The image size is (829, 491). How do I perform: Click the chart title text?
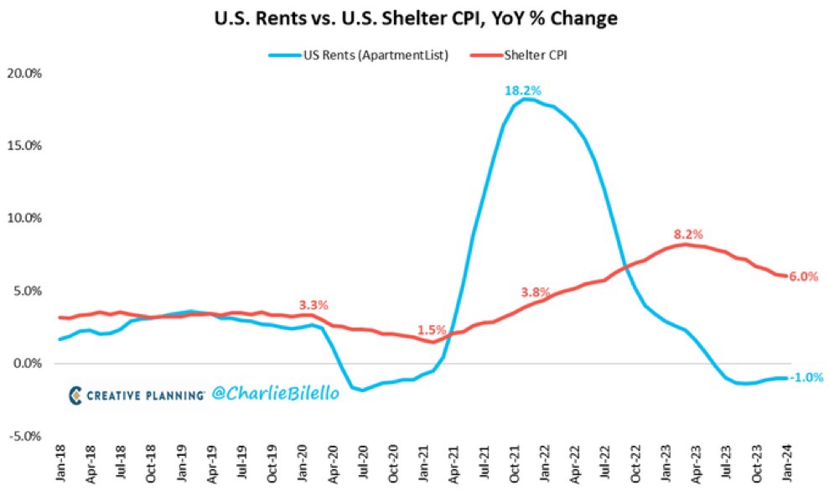(414, 18)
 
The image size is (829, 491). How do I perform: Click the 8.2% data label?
(687, 234)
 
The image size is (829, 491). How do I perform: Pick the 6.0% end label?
(802, 277)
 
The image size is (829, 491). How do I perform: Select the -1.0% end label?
(802, 377)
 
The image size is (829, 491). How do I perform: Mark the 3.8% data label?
(535, 293)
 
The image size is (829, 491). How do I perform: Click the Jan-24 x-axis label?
(788, 466)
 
